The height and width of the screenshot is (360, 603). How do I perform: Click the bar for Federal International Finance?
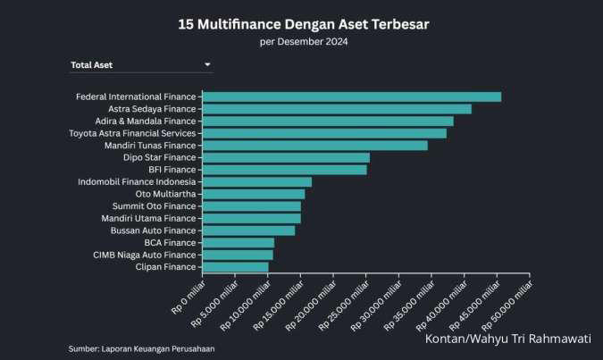click(352, 96)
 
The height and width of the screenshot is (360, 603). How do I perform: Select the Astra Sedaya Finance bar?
click(337, 109)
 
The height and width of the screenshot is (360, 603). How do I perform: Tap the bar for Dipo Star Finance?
click(286, 157)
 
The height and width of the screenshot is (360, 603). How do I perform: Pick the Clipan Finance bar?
click(236, 266)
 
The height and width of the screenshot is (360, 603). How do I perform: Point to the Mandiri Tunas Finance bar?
click(315, 145)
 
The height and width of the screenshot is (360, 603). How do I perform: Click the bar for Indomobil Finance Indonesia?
click(257, 181)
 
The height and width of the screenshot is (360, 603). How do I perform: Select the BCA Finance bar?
click(239, 242)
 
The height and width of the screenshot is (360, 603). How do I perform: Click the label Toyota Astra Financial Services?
click(132, 133)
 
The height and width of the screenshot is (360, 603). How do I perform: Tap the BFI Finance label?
click(172, 169)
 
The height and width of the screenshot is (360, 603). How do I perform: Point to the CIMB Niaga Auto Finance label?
click(144, 255)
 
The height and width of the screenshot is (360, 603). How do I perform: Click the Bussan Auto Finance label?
click(153, 230)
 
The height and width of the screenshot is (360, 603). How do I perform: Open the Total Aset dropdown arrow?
click(207, 64)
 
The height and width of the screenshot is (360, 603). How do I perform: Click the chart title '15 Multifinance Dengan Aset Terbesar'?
click(303, 24)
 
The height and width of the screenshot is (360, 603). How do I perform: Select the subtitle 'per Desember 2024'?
click(303, 41)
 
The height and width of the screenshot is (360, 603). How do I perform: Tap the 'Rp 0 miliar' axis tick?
click(189, 297)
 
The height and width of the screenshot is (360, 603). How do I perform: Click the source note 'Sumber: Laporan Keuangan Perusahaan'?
click(141, 348)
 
